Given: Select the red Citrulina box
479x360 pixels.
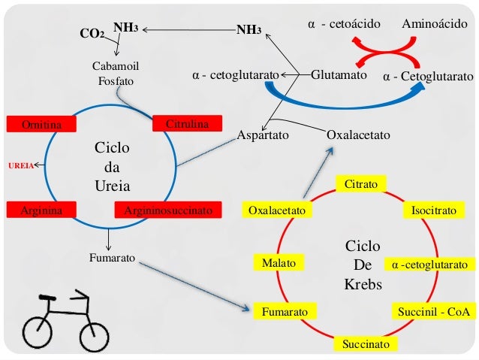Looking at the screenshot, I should (x=186, y=123).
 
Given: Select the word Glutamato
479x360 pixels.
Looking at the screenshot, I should (x=338, y=76).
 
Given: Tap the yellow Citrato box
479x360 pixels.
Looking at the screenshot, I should (x=360, y=184).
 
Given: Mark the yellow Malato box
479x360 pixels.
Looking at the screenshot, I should (x=279, y=264).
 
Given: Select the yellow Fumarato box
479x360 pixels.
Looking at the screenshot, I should (x=285, y=310).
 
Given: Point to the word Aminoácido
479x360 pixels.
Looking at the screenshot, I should (x=435, y=25).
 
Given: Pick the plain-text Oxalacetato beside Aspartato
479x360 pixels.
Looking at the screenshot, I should (x=359, y=136).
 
